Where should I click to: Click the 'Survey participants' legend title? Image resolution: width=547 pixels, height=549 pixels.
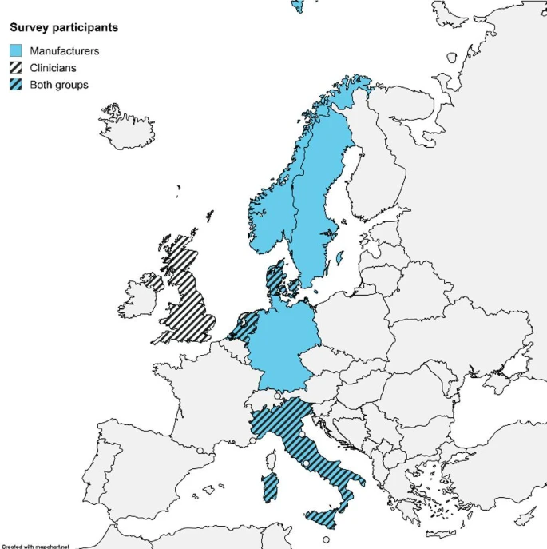[64, 27]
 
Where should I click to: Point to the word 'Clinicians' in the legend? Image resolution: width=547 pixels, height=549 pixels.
[53, 67]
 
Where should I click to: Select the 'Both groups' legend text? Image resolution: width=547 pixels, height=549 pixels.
[58, 84]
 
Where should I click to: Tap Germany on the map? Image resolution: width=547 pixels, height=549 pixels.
[286, 340]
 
